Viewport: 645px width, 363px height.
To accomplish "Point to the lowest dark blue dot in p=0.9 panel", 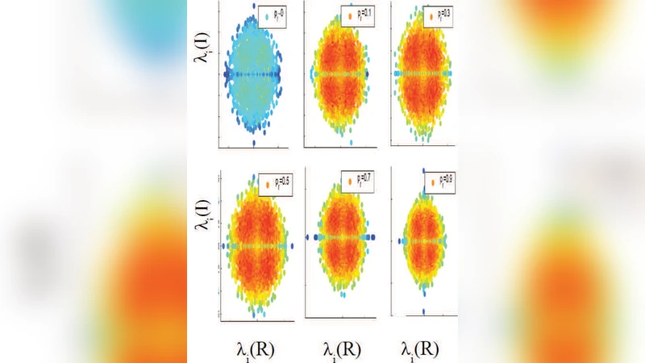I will pos(422,311).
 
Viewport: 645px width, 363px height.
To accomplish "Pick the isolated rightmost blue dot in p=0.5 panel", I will pos(285,245).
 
